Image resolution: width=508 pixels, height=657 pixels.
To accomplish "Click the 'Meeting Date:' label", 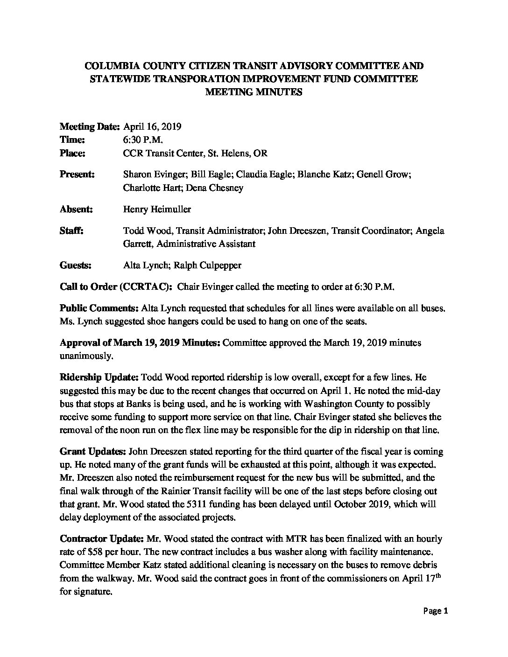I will tap(90, 126).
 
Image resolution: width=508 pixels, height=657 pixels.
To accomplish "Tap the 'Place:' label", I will tap(72, 153).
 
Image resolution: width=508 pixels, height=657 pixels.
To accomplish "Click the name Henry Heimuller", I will tap(157, 209).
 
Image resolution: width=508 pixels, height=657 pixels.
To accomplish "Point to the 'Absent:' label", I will tap(77, 209).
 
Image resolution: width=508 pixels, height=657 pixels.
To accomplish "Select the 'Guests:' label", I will tap(76, 265).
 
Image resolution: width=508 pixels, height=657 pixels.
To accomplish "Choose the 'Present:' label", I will tap(78, 175).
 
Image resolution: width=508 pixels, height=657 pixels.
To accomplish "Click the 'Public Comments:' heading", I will tap(99, 308).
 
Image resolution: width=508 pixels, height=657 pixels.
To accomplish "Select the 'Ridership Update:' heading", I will tap(99, 377).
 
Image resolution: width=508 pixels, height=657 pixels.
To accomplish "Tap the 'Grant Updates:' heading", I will tap(92, 452).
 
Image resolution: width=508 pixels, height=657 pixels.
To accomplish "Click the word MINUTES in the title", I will tap(278, 92).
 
